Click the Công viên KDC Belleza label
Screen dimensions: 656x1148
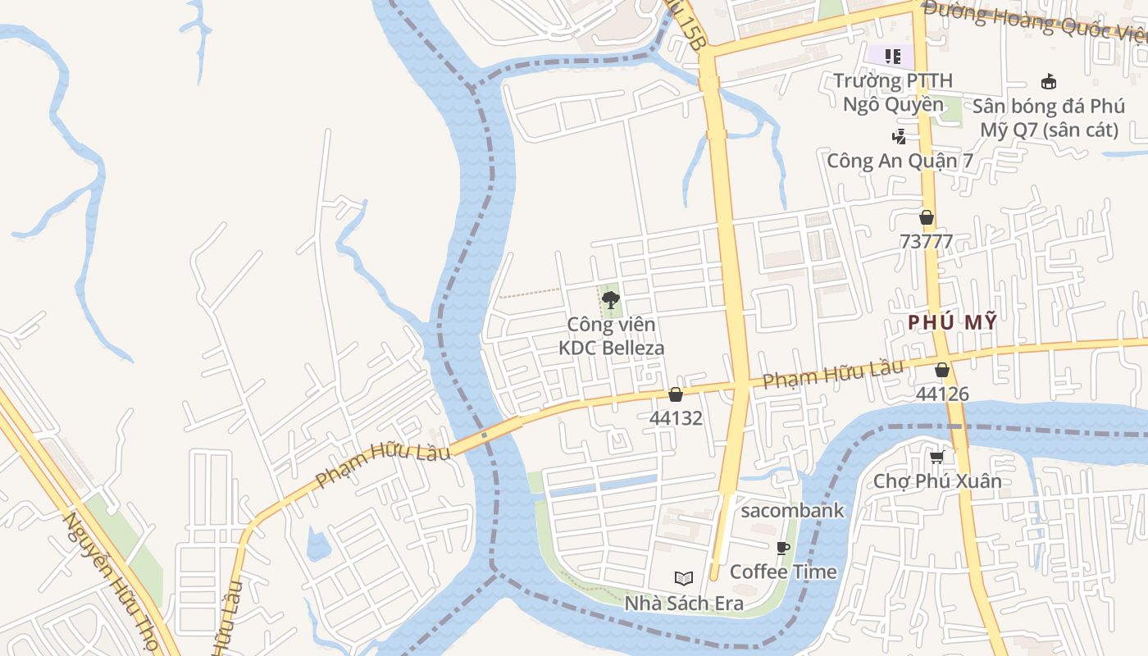[x=611, y=336]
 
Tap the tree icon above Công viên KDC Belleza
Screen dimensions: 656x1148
[x=610, y=300]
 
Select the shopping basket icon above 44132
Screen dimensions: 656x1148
[x=676, y=394]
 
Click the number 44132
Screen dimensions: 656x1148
[x=676, y=417]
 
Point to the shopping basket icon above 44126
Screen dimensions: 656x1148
[x=942, y=370]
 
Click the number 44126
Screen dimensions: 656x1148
[x=942, y=394]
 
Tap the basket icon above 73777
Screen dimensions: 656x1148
[x=927, y=217]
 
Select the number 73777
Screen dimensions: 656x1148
[x=927, y=241]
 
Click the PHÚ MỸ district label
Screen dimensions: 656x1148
[x=953, y=322]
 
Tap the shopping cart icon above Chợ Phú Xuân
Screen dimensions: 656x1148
[x=937, y=457]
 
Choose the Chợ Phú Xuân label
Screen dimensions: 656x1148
[x=937, y=481]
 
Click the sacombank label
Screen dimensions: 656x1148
[x=792, y=511]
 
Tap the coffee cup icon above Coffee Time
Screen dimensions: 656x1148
[x=783, y=548]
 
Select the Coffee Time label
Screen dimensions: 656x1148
[x=783, y=572]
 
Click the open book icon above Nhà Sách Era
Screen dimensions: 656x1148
[x=684, y=578]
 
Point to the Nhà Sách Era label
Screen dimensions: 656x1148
[x=684, y=604]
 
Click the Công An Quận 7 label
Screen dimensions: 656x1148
[x=900, y=161]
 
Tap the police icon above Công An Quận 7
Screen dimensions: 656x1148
[x=900, y=137]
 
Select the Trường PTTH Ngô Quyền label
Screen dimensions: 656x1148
[x=894, y=92]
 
